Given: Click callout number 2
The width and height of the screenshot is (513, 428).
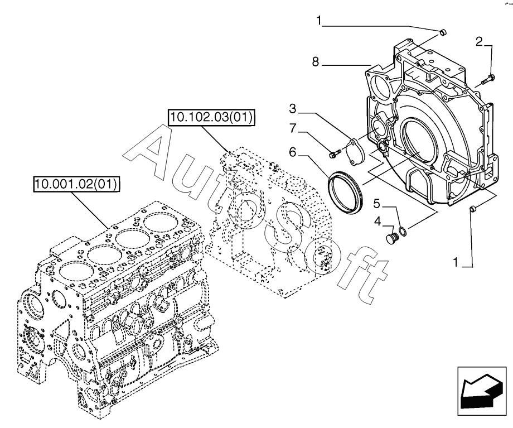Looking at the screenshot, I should [479, 41].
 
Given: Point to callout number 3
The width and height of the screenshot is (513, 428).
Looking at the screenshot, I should [292, 108].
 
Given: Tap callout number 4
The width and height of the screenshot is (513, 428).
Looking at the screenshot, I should [377, 222].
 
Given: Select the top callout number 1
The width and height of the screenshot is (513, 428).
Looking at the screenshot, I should [319, 21].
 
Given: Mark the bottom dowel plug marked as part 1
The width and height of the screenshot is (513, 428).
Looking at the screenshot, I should [473, 209].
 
